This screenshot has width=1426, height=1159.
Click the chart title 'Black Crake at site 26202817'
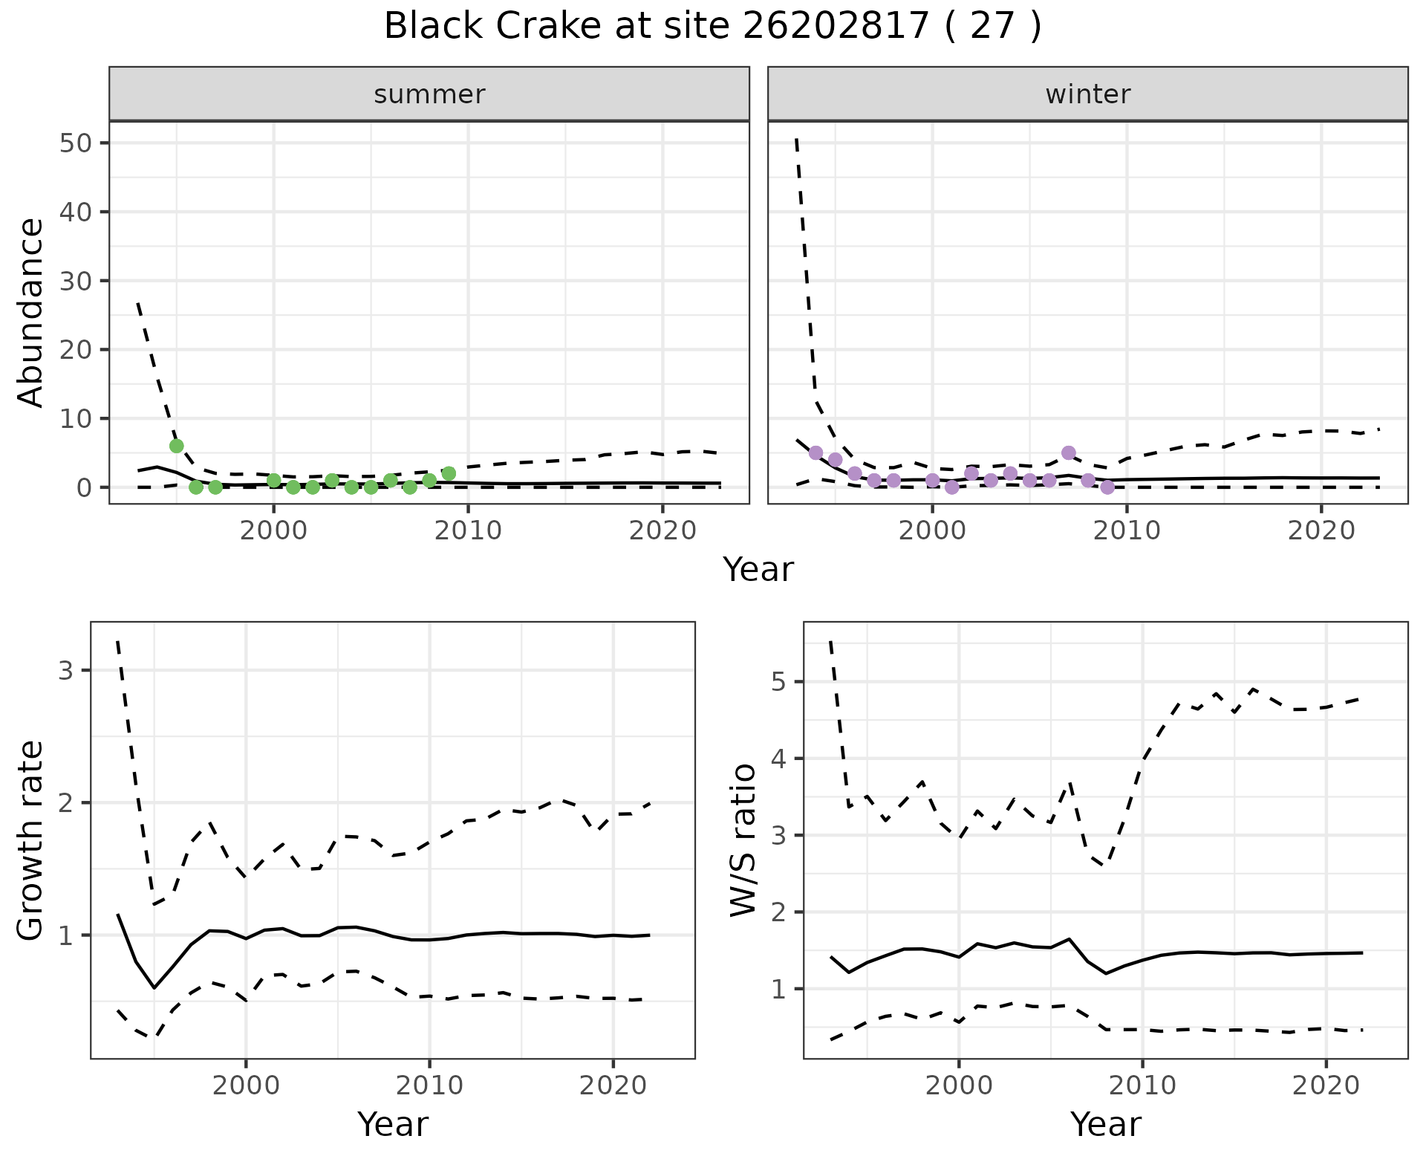tap(712, 27)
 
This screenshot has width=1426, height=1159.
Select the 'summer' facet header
tap(429, 94)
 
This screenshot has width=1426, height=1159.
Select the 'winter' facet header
tap(1087, 94)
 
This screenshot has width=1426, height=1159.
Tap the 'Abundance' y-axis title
tap(31, 312)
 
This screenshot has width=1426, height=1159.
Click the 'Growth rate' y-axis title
tap(31, 840)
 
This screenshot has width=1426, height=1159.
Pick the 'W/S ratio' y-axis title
tap(743, 840)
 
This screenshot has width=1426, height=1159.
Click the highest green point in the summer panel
tap(177, 446)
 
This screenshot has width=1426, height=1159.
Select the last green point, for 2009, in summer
tap(449, 473)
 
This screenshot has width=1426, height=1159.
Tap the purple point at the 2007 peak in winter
tap(1069, 452)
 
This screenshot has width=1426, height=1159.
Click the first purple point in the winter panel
tap(815, 452)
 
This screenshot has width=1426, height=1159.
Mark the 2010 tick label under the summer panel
tap(468, 530)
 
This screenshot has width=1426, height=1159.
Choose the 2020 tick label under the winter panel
tap(1321, 530)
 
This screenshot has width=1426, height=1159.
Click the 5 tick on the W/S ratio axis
tap(779, 681)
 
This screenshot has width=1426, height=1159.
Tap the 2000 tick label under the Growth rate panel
tap(246, 1085)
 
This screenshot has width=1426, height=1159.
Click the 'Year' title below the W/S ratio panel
tap(1105, 1125)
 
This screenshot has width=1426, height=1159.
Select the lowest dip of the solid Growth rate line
tap(154, 987)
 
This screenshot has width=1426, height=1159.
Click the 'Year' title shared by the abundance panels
tap(758, 570)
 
